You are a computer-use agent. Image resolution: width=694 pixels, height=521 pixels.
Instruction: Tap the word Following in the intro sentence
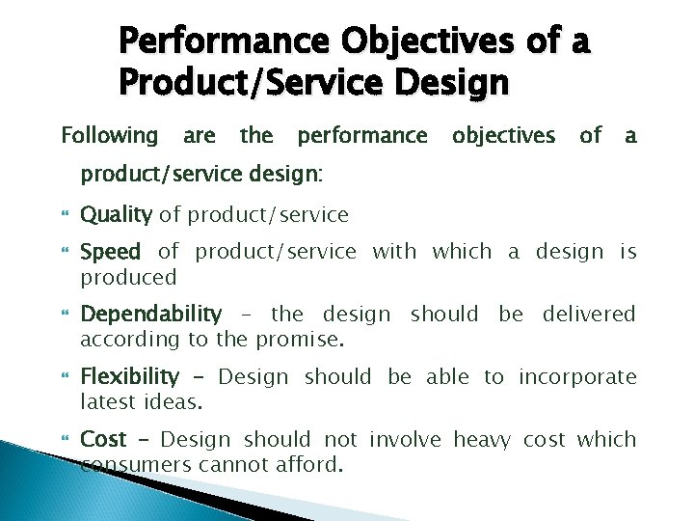click(x=110, y=136)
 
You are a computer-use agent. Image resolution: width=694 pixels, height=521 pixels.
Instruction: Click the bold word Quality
click(x=116, y=214)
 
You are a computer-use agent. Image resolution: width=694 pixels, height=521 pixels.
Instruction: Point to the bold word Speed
click(x=110, y=253)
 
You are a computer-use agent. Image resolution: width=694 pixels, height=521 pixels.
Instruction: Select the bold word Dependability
click(x=150, y=315)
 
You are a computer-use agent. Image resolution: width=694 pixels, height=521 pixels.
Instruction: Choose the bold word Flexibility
click(x=129, y=377)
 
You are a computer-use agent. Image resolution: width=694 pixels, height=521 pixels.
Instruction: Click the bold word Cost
click(x=103, y=440)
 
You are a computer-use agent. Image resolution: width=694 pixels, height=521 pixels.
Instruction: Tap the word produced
click(x=128, y=278)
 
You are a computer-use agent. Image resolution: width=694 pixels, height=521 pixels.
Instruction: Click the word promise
click(x=309, y=340)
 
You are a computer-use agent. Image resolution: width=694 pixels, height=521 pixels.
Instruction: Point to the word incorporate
click(x=577, y=377)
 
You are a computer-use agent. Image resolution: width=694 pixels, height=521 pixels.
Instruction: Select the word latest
click(x=108, y=402)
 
